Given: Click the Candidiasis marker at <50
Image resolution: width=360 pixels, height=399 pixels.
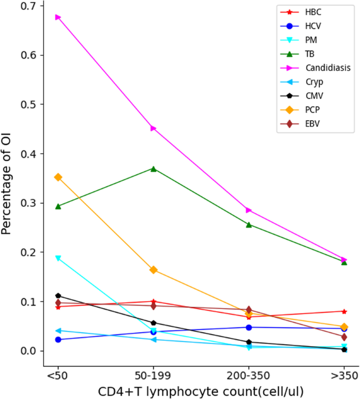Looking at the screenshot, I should click(58, 17).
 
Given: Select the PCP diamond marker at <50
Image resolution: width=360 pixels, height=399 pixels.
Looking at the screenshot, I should click(58, 177).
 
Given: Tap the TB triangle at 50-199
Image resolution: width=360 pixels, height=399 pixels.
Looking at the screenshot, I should click(153, 169).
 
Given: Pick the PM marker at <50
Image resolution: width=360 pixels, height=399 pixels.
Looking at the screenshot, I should click(58, 258).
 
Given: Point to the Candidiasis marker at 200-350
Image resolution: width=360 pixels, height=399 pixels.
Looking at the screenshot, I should click(249, 210).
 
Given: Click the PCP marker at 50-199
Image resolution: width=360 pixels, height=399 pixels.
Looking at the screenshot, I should click(153, 270).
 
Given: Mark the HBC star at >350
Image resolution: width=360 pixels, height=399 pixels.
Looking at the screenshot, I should click(344, 311).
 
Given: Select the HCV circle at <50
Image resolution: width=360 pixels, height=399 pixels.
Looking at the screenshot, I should click(58, 340).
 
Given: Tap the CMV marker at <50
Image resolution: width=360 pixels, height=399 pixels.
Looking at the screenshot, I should click(58, 296).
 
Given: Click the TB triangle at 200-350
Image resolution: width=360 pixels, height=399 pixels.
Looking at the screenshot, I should click(249, 225).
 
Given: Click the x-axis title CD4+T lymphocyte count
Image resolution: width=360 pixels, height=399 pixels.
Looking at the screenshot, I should click(201, 391).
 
